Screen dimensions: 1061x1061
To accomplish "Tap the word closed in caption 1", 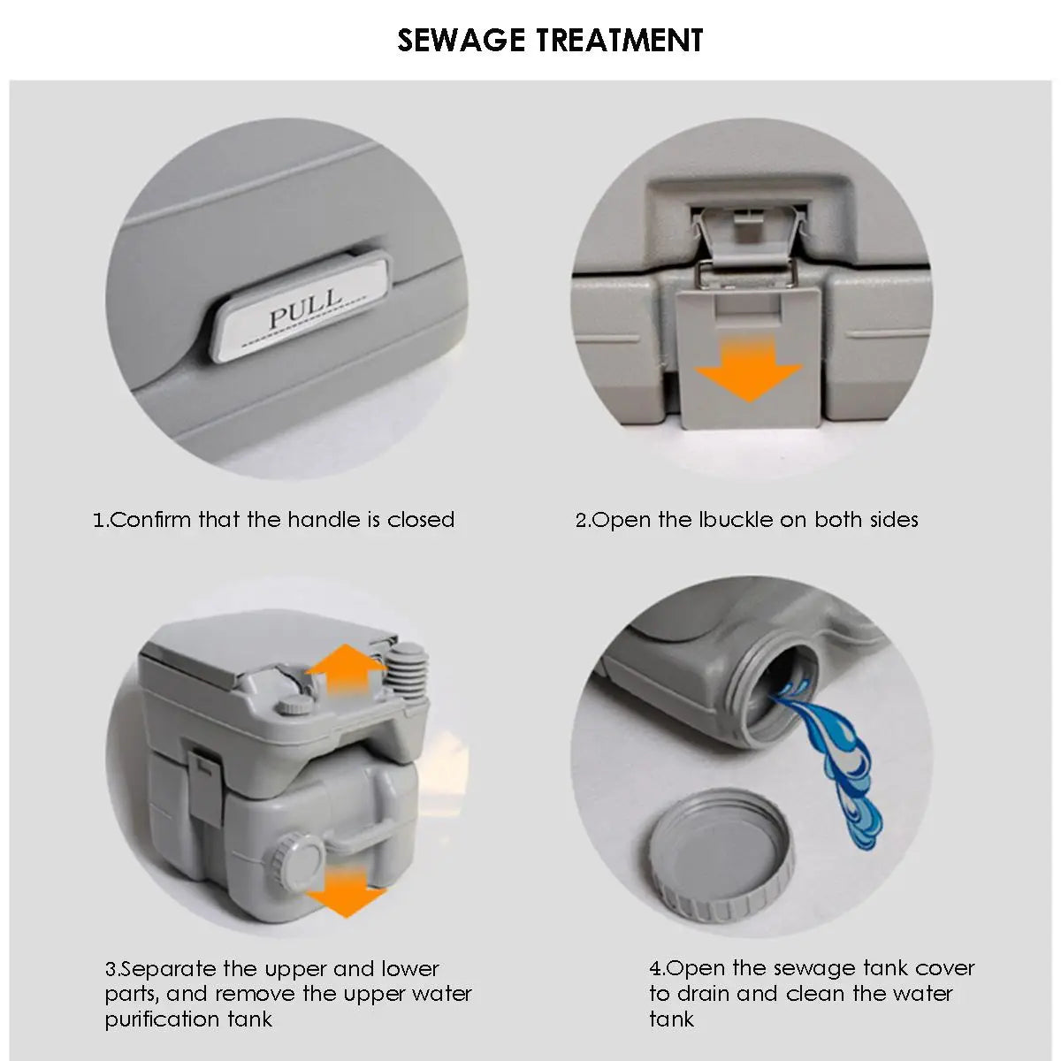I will (421, 519).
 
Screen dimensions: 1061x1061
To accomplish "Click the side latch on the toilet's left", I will (205, 777).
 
